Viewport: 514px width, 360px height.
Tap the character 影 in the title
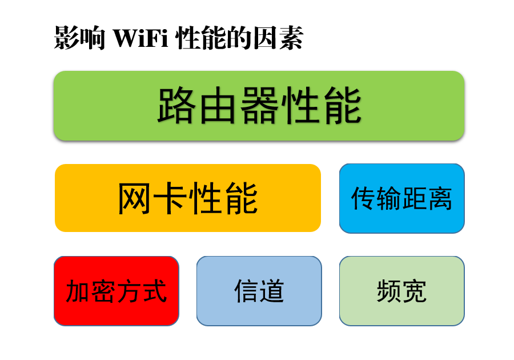tap(66, 39)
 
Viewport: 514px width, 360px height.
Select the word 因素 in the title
tap(278, 39)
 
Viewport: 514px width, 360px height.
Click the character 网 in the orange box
tap(135, 199)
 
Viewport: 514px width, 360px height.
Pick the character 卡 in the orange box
tap(169, 199)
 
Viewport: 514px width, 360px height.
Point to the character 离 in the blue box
tap(440, 199)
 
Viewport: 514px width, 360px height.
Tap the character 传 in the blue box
tap(363, 199)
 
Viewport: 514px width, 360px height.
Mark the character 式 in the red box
tap(155, 291)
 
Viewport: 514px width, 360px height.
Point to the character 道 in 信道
tap(272, 291)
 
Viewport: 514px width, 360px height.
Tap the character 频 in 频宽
tap(389, 291)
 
